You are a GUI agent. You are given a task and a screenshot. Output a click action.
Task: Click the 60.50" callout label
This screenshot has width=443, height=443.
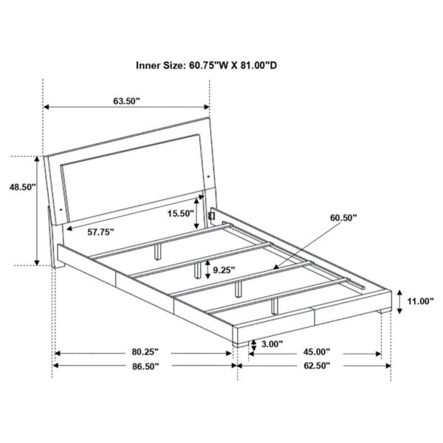pyautogui.click(x=344, y=218)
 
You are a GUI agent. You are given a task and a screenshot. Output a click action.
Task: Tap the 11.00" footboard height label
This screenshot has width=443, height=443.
pyautogui.click(x=420, y=301)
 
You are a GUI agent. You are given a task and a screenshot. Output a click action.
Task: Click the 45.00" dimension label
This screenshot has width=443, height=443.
pyautogui.click(x=315, y=352)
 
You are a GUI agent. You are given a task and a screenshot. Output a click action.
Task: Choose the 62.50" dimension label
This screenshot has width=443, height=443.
pyautogui.click(x=315, y=366)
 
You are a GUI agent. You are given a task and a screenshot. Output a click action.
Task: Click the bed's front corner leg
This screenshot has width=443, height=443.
pyautogui.click(x=237, y=340)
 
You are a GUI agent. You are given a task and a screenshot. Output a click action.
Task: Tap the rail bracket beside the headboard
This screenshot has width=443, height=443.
pyautogui.click(x=212, y=216)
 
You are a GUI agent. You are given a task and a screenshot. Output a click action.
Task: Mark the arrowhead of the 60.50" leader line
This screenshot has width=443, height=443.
pyautogui.click(x=275, y=267)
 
